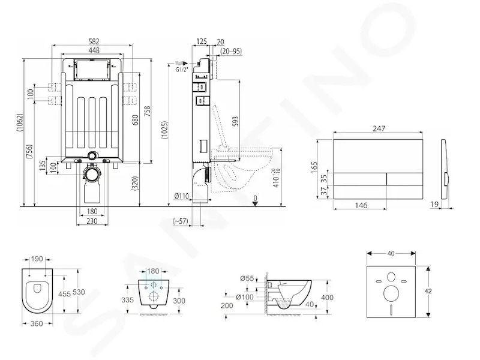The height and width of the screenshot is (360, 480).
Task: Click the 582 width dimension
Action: point(94,41)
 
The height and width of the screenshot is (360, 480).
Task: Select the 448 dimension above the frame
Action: point(94,50)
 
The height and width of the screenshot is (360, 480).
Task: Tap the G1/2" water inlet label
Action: point(182,70)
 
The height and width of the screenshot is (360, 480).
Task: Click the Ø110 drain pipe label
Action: point(182,196)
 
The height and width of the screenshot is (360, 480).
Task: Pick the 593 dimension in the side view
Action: point(235,121)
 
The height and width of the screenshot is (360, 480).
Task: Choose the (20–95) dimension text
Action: point(231,51)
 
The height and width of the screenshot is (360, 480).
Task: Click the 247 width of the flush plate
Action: point(379,128)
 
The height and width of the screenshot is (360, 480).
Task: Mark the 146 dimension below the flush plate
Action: point(361,205)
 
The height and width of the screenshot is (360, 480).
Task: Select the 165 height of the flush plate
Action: point(314,167)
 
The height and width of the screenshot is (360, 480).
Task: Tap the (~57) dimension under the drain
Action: point(181,220)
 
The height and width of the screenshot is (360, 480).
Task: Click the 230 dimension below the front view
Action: point(92,221)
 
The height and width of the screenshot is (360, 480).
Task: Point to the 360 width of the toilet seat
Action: point(37,323)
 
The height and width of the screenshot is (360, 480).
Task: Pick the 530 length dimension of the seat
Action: point(79,292)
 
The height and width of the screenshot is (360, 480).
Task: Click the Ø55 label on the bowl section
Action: point(247,278)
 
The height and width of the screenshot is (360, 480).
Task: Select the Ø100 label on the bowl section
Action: point(245,296)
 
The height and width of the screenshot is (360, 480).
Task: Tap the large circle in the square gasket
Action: point(391,293)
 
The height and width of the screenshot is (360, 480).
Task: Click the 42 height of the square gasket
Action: point(428,291)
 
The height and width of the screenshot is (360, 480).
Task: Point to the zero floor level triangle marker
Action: point(256,204)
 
